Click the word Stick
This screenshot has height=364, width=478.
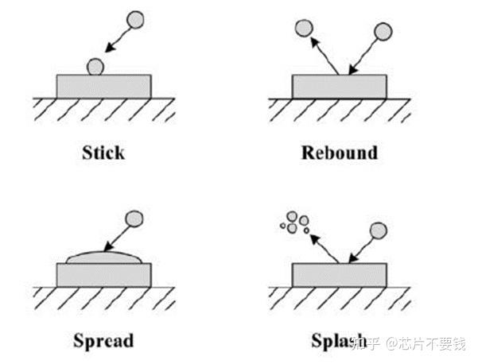103,152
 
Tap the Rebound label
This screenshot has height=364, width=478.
339,152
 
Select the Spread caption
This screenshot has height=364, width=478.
103,342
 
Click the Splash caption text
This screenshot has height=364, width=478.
334,342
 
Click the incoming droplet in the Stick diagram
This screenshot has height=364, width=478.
136,18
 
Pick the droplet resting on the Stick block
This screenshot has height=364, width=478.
96,66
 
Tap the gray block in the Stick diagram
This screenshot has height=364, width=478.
103,86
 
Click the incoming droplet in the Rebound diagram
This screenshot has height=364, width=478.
383,31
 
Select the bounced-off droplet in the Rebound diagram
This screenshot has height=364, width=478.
303,29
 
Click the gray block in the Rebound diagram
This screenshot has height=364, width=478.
339,86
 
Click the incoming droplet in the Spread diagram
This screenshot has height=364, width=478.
136,217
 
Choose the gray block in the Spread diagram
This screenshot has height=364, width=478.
103,275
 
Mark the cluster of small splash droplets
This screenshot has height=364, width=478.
293,223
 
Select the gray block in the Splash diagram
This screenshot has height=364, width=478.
339,275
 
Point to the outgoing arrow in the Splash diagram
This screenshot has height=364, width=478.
325,248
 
